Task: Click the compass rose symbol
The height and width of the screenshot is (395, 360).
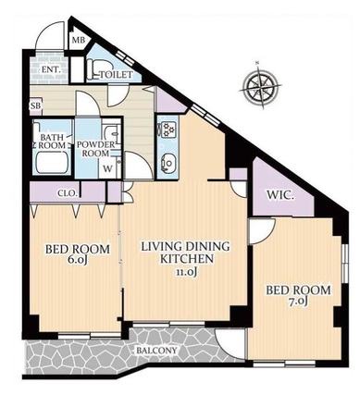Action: pos(261,85)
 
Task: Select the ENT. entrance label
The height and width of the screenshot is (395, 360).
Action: pos(51,69)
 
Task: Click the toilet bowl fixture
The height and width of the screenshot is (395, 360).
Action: pos(93,69)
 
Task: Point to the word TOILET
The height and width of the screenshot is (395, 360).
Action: pos(117,75)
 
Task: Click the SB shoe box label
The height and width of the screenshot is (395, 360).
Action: pos(35,105)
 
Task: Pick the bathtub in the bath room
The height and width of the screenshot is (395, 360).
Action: pos(52,163)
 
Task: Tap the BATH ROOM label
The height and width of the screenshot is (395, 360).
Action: pos(52,142)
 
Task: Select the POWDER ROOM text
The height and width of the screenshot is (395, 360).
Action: pos(95,149)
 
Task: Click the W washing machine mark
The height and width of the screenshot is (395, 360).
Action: pos(107,168)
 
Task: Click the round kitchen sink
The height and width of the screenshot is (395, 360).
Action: pos(168,162)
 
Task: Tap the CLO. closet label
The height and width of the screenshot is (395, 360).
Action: pos(67,193)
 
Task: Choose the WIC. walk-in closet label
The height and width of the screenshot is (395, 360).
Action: pos(280,195)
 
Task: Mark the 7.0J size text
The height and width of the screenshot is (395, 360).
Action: pos(297,302)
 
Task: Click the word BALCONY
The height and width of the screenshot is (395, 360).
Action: pos(157,351)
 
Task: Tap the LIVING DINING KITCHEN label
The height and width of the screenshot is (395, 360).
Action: pos(186,253)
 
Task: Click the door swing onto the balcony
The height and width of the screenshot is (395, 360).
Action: pos(230,344)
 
